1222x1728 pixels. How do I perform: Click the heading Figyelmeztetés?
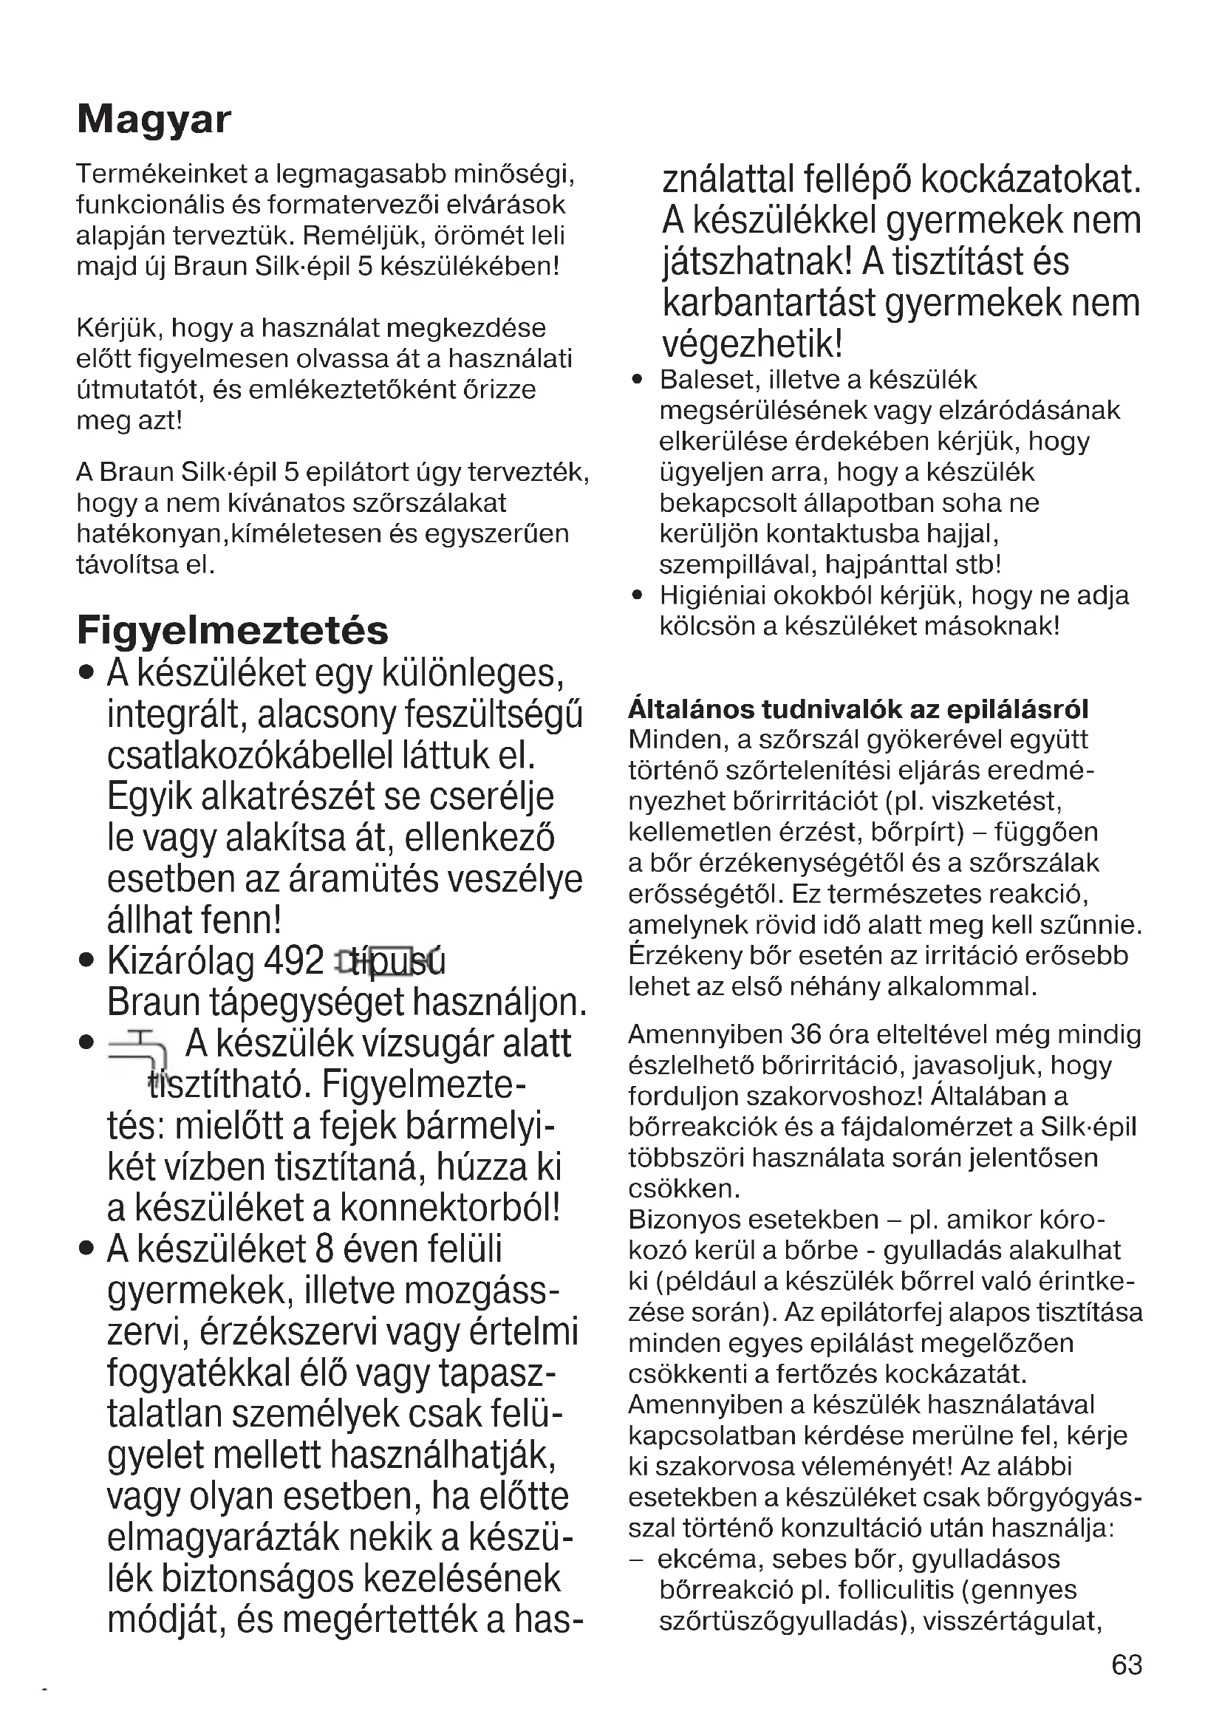[x=233, y=631]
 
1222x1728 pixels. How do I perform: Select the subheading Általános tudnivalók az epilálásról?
[x=858, y=709]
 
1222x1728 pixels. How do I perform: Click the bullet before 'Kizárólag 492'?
[x=86, y=961]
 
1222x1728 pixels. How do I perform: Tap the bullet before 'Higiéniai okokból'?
[x=638, y=596]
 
